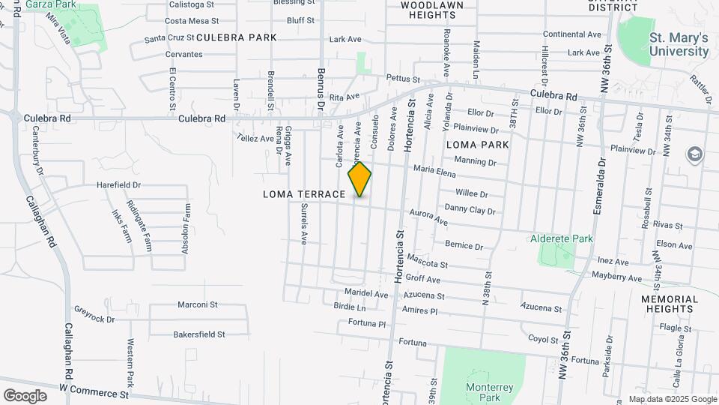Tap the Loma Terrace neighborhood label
(304, 194)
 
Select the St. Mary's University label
(679, 44)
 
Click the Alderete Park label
(561, 238)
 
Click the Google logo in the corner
(25, 395)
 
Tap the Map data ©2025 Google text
(672, 399)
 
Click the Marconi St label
(197, 304)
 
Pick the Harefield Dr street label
(118, 184)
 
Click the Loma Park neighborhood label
(477, 144)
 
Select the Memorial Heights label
(669, 304)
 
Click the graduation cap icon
(694, 154)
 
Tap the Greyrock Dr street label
(94, 313)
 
